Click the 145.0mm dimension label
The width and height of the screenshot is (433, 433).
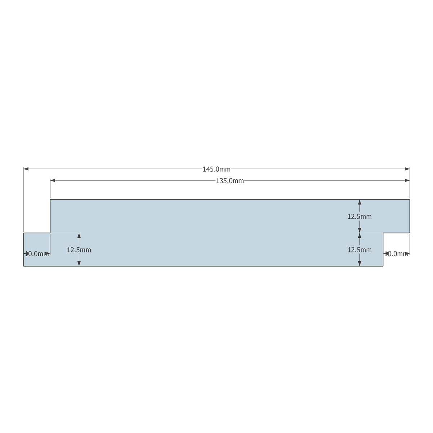click(x=216, y=170)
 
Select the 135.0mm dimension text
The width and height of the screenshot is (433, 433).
click(x=229, y=181)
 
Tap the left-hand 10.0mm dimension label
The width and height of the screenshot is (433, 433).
click(x=37, y=254)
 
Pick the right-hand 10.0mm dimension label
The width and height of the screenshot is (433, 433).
click(x=396, y=254)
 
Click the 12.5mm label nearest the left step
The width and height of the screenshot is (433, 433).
click(x=79, y=250)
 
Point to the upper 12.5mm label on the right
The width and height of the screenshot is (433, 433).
click(x=359, y=216)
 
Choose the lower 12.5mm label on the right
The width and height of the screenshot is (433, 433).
click(x=359, y=250)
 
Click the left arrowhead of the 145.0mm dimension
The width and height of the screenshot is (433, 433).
click(x=26, y=169)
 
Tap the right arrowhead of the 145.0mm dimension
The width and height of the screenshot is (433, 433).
click(x=407, y=169)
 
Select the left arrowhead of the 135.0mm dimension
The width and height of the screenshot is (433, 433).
click(x=53, y=180)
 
